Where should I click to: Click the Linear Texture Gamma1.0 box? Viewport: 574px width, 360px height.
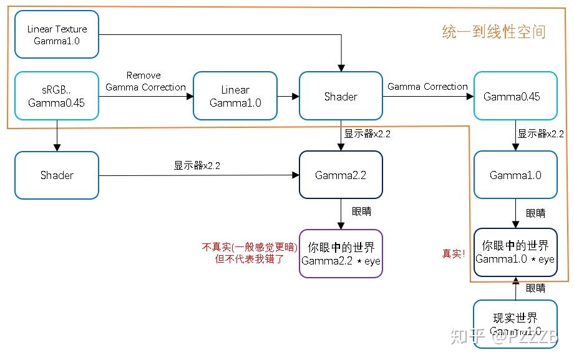(57, 35)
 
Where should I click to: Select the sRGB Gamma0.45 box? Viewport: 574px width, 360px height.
(57, 95)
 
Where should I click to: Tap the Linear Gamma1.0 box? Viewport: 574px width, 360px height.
(235, 95)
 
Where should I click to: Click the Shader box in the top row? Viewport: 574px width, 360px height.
(341, 96)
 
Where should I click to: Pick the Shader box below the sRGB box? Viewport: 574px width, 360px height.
(57, 175)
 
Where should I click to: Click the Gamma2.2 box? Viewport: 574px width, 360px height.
(341, 175)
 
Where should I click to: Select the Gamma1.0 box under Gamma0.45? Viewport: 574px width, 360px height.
(515, 175)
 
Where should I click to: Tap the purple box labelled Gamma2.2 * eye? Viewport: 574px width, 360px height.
(341, 253)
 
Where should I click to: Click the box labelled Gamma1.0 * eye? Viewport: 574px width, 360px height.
(515, 252)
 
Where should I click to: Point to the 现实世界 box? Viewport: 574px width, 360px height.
(515, 323)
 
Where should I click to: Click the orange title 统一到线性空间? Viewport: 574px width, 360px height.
(494, 32)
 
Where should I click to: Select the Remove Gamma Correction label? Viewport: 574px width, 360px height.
(145, 81)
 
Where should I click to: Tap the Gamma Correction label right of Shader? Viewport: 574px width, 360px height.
(427, 87)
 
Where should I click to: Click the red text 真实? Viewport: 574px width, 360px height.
(454, 253)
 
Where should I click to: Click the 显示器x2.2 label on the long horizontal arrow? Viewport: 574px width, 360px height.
(197, 166)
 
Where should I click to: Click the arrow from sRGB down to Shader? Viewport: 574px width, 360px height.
(57, 135)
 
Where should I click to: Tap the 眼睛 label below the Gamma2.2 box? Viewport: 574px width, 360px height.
(361, 212)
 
